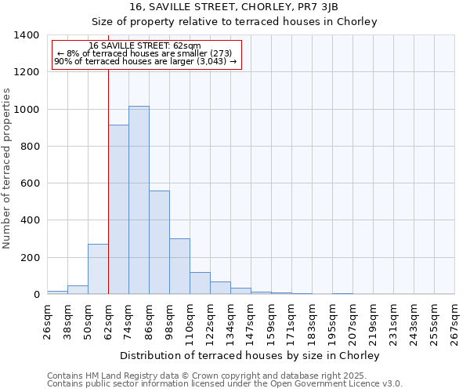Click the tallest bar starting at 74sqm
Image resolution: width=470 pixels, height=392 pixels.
coord(139,200)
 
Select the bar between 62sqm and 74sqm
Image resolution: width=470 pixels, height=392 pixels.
coord(118,209)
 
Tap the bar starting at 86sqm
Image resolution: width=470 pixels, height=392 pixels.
coord(159,242)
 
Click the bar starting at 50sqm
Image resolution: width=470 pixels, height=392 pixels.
coord(98,269)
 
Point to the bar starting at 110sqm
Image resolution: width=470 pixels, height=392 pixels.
coord(200,283)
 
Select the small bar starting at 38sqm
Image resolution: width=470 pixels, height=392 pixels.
coord(78,289)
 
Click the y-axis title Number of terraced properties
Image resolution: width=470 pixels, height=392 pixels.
coord(8,168)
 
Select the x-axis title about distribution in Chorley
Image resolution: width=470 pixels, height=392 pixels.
coord(250,355)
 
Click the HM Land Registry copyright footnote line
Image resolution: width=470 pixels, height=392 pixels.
coord(217,376)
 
